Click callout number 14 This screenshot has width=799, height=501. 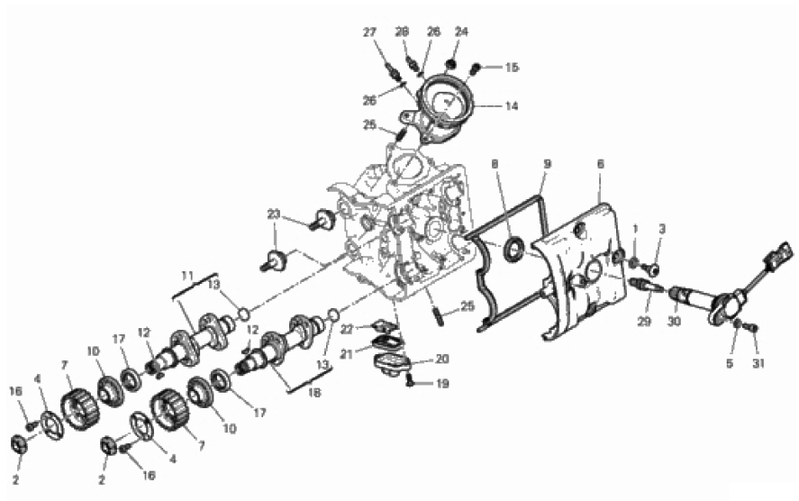pos(512,106)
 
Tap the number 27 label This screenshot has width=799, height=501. pos(370,32)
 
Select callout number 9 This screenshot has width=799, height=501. pos(548,164)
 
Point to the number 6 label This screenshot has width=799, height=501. pos(600,164)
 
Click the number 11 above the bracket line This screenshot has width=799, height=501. pos(187,277)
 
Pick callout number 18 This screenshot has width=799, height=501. pos(315,393)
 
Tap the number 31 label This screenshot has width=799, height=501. pos(758,363)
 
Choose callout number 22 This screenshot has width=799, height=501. pos(347,329)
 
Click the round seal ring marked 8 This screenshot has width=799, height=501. pos(513,250)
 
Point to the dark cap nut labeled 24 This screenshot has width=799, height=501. pos(450,64)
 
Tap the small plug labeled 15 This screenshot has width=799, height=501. pos(476,68)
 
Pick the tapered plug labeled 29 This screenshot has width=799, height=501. pos(646,285)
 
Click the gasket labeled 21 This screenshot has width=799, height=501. pos(387,343)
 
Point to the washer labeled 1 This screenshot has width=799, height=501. pos(634,262)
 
